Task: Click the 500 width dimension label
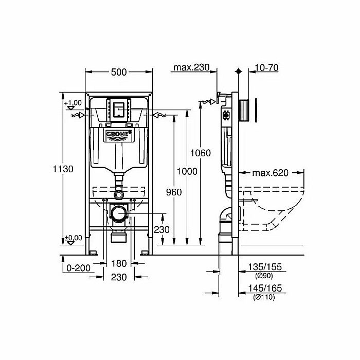(x=119, y=72)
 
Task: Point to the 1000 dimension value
(x=187, y=171)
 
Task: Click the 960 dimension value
(x=174, y=192)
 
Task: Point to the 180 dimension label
(x=119, y=264)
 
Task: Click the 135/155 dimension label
(x=266, y=267)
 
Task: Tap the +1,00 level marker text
(x=74, y=102)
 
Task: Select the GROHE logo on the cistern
(x=119, y=135)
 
